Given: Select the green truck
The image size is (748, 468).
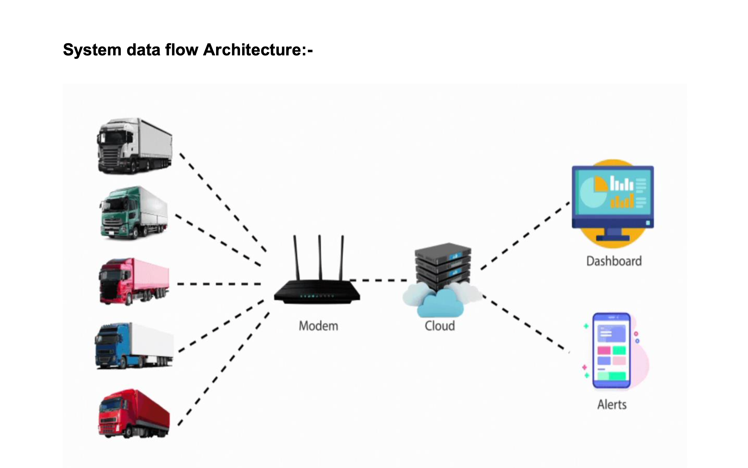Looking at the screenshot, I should point(133,213).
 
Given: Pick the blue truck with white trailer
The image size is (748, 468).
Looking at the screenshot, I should point(133,346).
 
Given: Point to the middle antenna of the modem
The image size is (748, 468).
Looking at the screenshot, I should point(320,257).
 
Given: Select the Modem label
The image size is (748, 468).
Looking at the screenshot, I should point(318,326).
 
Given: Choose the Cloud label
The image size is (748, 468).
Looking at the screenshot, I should point(439,326).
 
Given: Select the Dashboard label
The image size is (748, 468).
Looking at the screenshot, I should point(614,261).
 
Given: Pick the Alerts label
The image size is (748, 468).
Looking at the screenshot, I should point(612,405).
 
